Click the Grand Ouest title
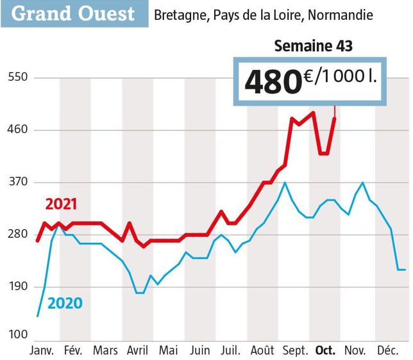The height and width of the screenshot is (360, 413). (x=74, y=13)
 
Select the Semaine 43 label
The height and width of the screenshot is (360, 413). (x=313, y=46)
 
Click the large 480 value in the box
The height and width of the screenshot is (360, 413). (x=273, y=82)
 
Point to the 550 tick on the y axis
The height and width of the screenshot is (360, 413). (x=17, y=78)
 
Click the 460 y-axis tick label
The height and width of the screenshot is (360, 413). (x=17, y=130)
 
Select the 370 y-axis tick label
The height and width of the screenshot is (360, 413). (x=17, y=182)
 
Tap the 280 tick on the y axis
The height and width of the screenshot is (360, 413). (x=17, y=234)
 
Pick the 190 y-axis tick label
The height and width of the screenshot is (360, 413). (x=17, y=286)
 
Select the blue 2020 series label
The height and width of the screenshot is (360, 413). (x=65, y=302)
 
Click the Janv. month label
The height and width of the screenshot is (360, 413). (x=43, y=351)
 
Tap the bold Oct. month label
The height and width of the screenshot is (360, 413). (x=325, y=351)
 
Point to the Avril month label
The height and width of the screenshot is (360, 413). (x=137, y=351)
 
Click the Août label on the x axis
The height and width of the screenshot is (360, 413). (x=262, y=351)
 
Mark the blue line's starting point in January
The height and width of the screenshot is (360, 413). (x=38, y=316)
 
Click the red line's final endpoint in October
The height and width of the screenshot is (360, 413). (x=335, y=118)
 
